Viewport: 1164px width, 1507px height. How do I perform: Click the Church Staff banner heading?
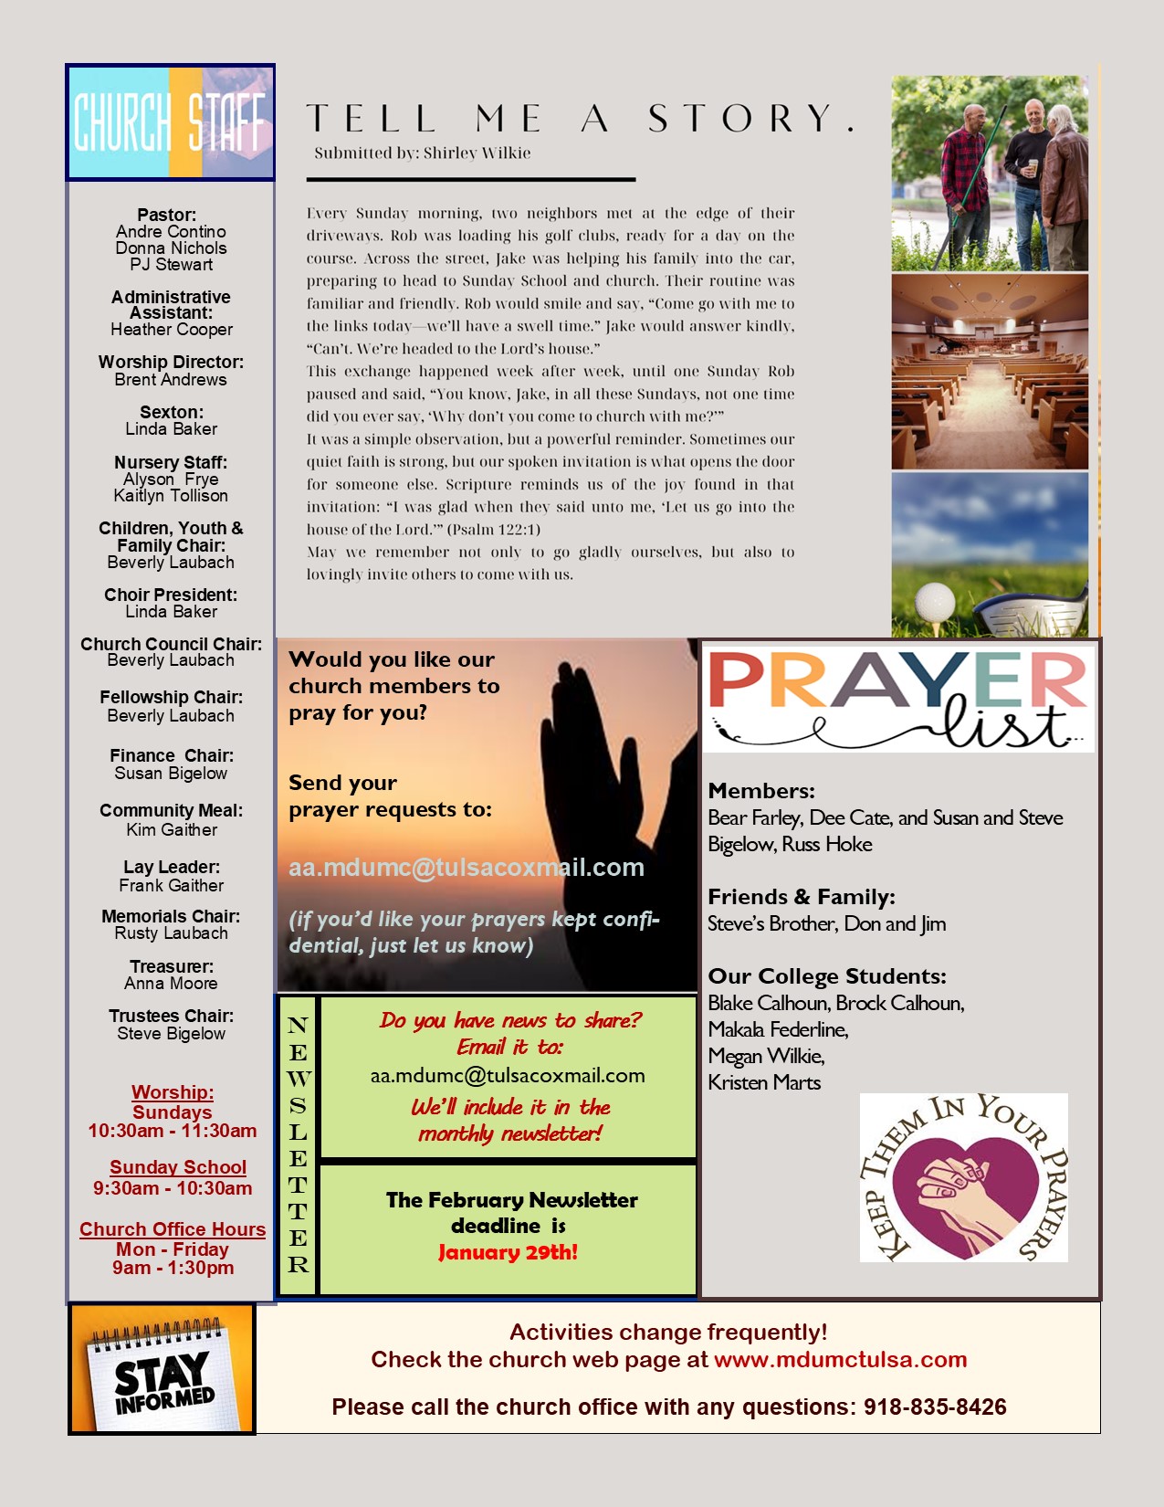171,122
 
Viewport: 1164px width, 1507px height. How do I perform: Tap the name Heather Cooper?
172,330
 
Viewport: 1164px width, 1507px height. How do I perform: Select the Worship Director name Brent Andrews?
171,380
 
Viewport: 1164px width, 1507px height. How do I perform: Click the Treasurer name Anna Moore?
171,984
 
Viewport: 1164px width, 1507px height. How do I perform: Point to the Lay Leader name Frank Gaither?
171,886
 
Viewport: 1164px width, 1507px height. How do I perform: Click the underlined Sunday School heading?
178,1167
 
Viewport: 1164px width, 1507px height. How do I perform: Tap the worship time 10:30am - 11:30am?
172,1131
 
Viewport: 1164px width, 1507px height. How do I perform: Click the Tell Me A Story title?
580,119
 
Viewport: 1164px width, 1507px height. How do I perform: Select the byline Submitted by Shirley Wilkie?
423,153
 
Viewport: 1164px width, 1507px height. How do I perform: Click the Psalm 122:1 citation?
494,530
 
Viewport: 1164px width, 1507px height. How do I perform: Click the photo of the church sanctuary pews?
990,372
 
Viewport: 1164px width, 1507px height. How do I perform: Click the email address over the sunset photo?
467,868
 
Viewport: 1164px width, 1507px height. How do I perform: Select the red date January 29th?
508,1252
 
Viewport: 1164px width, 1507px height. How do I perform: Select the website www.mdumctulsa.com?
840,1360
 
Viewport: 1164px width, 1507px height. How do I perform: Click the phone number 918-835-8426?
935,1407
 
